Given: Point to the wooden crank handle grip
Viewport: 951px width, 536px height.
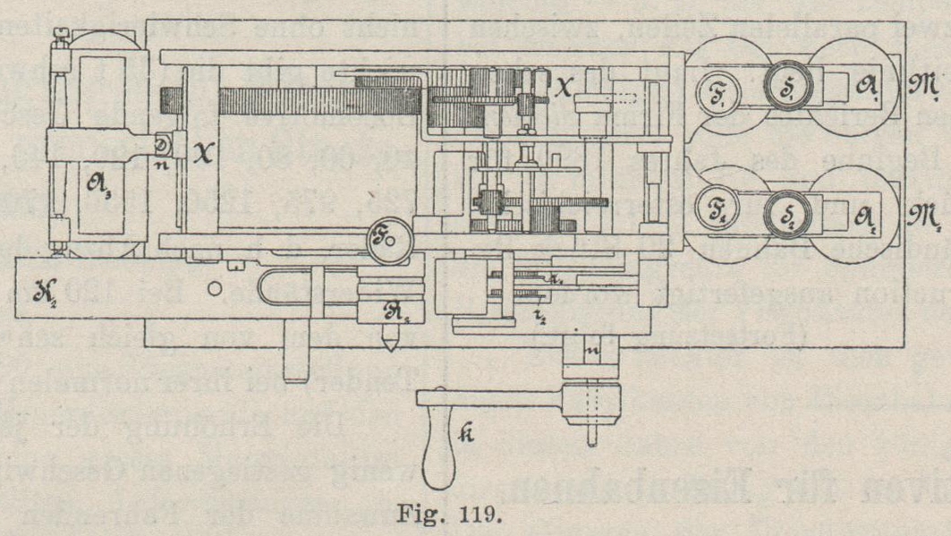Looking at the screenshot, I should [x=439, y=452].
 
